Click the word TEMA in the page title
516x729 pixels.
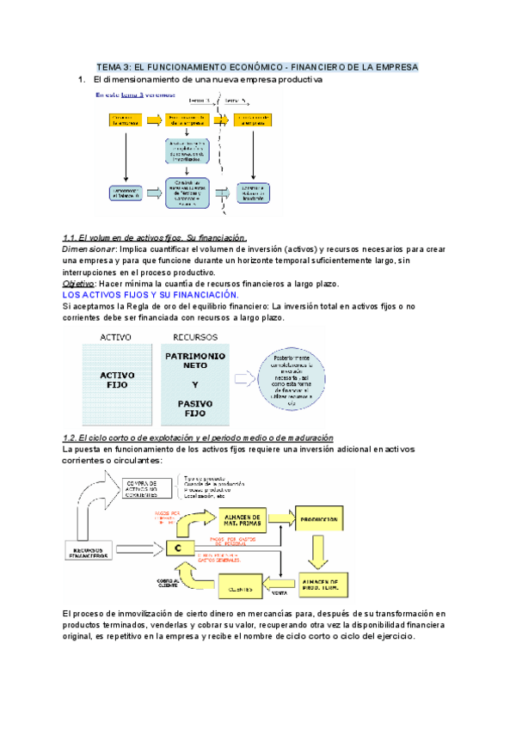coord(110,66)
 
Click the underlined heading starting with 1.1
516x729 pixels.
coord(156,237)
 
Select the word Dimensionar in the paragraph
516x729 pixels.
coord(92,248)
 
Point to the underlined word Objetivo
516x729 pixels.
coord(78,284)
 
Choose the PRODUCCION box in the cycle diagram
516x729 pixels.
coord(318,520)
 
